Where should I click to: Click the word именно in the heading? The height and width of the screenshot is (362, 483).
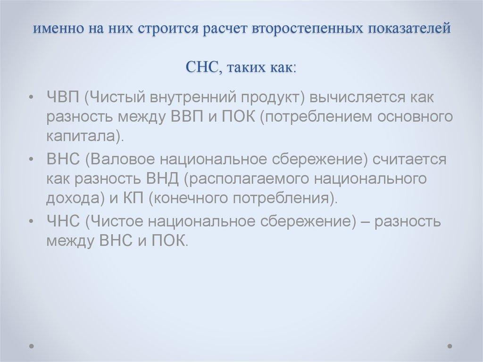click(x=57, y=29)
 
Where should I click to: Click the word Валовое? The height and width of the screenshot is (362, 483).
click(x=117, y=160)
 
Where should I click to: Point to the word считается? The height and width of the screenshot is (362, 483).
click(x=409, y=160)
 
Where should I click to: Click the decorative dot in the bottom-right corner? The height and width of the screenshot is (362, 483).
click(x=450, y=345)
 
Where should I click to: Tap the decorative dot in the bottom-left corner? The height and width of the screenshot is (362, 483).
click(x=32, y=345)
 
